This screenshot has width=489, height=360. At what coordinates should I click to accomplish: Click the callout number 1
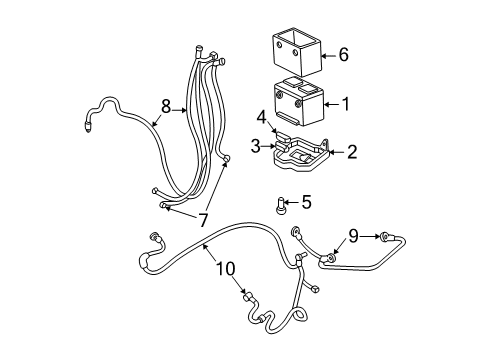point(345,102)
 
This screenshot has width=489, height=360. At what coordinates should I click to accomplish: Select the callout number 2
point(351,152)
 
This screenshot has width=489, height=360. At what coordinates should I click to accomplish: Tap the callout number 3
point(256,146)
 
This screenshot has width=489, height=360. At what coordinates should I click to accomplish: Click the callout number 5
point(305,203)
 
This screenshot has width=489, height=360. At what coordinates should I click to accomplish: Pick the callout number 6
point(343,56)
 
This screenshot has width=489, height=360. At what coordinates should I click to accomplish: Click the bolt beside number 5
point(281,207)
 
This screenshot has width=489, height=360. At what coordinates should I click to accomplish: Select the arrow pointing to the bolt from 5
point(293,204)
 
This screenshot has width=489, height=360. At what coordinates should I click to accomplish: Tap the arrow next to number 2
point(337,152)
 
